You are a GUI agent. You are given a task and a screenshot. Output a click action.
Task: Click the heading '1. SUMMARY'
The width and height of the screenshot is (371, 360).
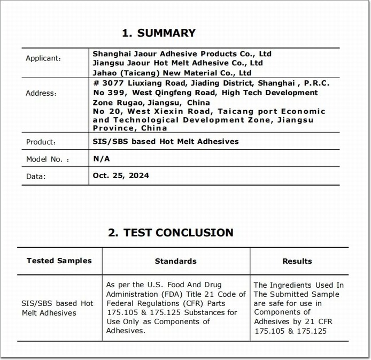159,33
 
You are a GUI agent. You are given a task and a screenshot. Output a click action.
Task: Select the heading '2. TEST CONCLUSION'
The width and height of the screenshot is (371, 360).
171,233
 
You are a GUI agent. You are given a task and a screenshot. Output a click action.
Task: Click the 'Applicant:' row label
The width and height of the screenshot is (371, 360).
43,58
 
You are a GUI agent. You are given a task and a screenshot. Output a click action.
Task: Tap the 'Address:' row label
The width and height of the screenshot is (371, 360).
41,93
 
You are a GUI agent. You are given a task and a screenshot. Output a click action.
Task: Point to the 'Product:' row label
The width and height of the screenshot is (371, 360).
41,142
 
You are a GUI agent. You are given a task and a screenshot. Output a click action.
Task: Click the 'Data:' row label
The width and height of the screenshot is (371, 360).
36,176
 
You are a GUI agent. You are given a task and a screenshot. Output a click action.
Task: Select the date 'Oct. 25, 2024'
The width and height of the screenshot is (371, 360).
121,175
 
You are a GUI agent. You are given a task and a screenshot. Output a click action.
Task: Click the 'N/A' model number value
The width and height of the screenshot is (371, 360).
102,159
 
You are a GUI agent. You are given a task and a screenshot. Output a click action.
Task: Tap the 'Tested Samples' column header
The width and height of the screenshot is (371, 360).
59,261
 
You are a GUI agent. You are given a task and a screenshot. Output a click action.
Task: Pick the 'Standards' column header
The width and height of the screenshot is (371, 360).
176,262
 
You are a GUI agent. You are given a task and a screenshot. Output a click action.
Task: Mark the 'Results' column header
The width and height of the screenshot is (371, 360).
297,262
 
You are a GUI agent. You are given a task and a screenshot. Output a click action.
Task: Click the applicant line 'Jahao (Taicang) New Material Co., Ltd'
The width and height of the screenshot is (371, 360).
172,73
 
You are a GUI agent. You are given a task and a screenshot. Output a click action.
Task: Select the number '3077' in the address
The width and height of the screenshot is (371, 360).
112,83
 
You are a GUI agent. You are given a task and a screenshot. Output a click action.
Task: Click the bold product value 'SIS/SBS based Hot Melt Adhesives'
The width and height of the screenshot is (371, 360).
166,142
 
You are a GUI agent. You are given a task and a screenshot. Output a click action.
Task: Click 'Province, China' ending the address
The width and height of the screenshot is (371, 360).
130,128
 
